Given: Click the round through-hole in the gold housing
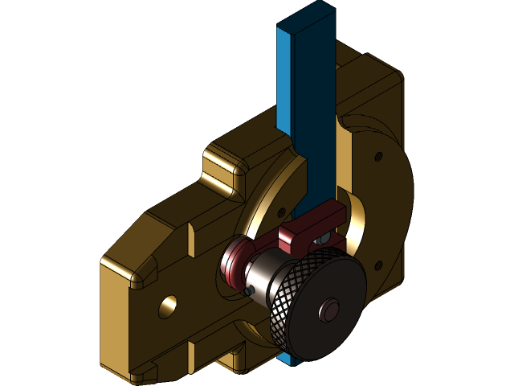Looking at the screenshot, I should (168, 306).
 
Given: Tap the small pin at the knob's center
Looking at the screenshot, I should (328, 310).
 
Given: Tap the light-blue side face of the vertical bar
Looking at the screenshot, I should (284, 80).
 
